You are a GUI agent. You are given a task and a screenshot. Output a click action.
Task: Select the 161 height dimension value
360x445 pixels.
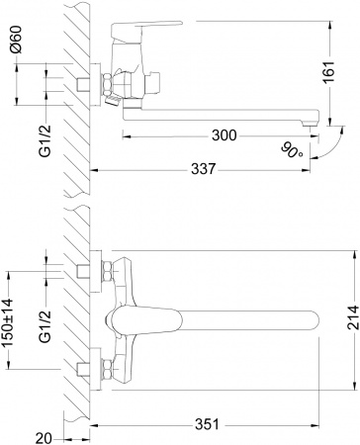(x=342, y=73)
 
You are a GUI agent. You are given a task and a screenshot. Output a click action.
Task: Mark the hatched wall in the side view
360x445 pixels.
(x=74, y=99)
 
